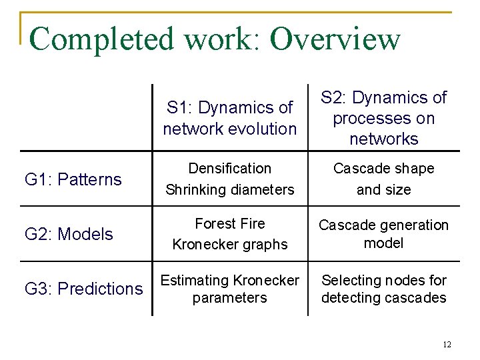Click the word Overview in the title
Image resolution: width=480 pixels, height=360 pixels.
click(x=335, y=39)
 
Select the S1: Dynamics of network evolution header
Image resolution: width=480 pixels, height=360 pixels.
click(x=230, y=118)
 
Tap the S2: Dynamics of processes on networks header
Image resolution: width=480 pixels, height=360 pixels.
click(x=384, y=118)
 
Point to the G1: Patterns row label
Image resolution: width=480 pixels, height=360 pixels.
click(x=73, y=179)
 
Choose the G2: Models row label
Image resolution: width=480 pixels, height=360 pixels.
click(x=69, y=234)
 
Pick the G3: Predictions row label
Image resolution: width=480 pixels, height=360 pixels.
click(x=84, y=289)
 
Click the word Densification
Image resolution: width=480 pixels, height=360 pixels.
click(x=229, y=169)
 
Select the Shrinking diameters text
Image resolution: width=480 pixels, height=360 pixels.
click(x=229, y=189)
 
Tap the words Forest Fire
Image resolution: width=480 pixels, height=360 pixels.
click(x=230, y=224)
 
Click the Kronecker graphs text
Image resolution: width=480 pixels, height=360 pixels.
click(x=230, y=245)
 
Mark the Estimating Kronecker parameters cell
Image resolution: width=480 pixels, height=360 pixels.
click(x=230, y=289)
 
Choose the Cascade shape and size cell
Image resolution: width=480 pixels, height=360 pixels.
click(x=384, y=179)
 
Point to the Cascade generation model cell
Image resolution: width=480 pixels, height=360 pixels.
click(x=384, y=234)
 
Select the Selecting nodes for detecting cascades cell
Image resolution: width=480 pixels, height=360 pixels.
click(x=384, y=289)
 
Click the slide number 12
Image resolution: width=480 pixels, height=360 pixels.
click(x=447, y=345)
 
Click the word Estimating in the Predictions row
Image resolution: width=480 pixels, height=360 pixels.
click(x=193, y=281)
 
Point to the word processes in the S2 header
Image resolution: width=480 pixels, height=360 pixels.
click(x=384, y=119)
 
